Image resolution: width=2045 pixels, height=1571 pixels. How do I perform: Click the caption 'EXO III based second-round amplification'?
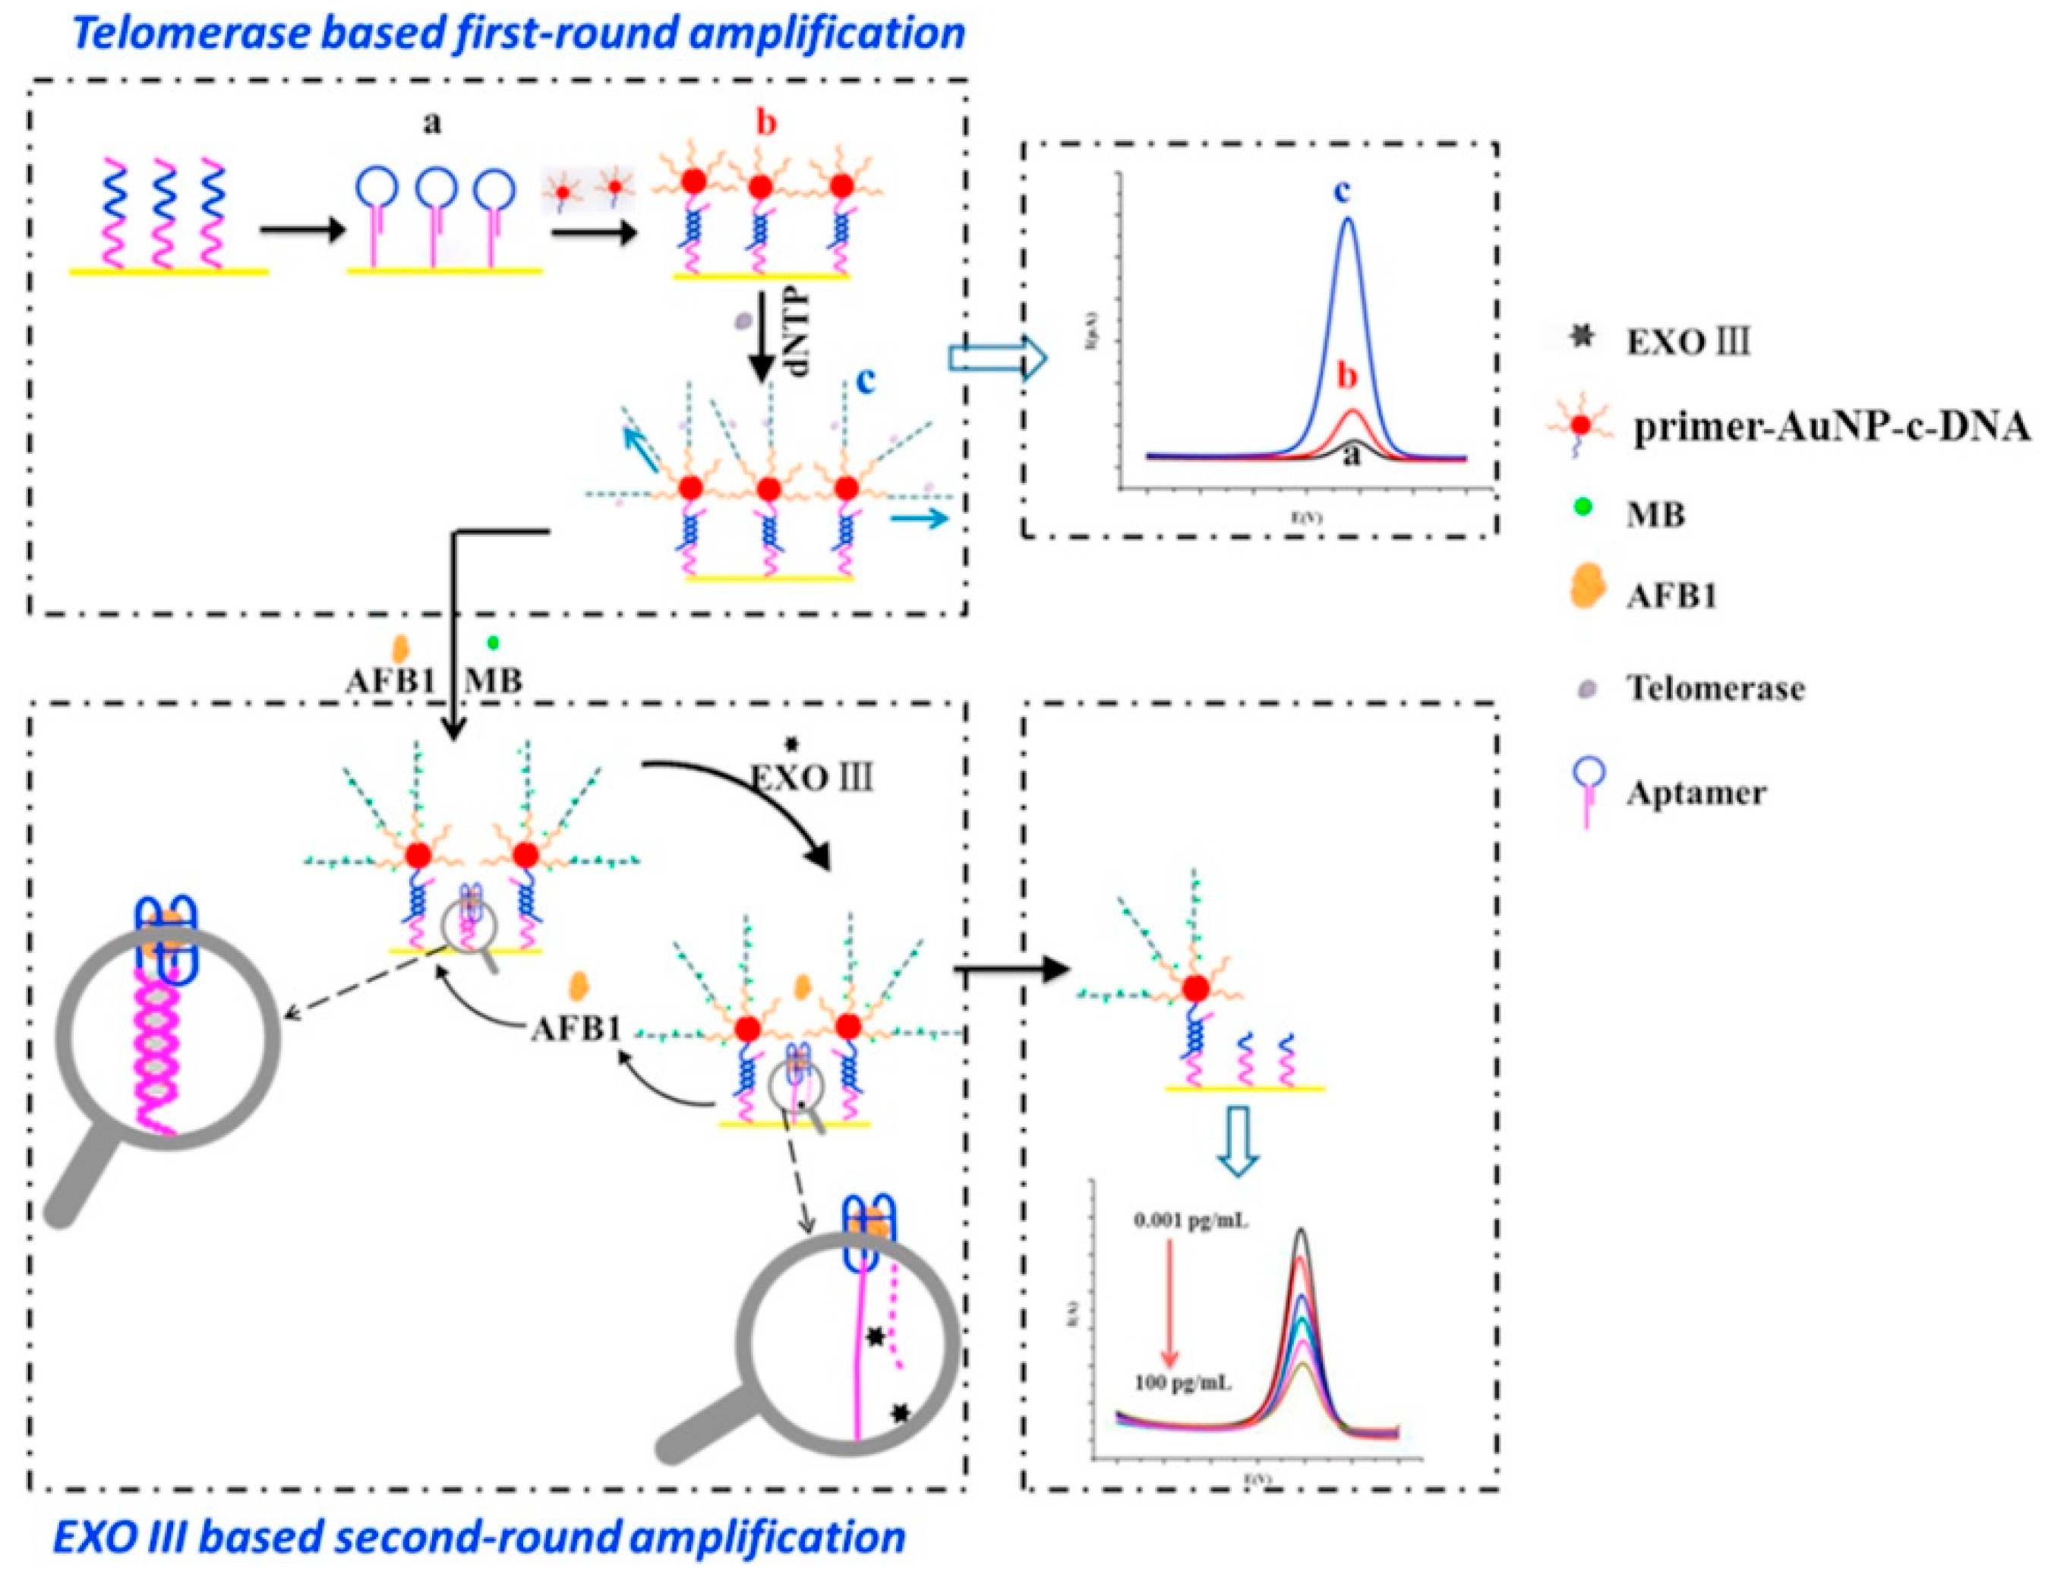(478, 1536)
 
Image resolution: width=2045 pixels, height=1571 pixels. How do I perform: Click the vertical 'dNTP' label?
(796, 345)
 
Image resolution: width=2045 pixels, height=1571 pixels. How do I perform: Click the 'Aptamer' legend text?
(1695, 792)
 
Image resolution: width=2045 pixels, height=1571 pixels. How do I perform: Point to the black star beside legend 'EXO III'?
(1581, 338)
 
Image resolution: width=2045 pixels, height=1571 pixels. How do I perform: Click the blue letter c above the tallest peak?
(1342, 191)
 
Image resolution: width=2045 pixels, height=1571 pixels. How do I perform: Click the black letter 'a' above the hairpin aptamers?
(432, 122)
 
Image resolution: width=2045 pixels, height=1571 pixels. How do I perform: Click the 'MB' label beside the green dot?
(494, 680)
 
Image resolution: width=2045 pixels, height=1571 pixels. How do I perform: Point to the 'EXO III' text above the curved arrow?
(813, 777)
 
